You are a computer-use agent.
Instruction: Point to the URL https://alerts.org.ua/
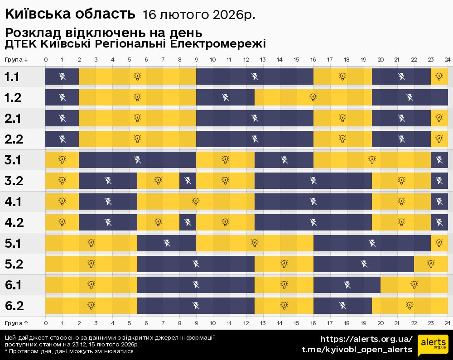[x=366, y=339]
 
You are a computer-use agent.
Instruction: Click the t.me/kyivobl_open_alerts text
[x=357, y=350]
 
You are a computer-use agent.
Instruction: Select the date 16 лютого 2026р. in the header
[x=199, y=15]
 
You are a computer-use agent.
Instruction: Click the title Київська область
[x=70, y=14]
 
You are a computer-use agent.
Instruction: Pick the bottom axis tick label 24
[x=447, y=323]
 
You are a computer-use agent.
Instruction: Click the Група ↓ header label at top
[x=17, y=60]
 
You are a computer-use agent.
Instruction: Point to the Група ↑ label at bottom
[x=17, y=323]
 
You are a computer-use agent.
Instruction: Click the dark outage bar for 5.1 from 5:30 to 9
[x=167, y=244]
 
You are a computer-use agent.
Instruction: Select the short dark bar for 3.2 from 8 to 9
[x=188, y=181]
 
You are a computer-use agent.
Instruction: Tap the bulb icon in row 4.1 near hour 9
[x=196, y=202]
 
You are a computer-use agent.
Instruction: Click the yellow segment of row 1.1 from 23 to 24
[x=439, y=77]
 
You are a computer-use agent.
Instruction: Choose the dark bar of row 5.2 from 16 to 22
[x=363, y=264]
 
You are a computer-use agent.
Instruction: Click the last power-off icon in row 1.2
[x=410, y=97]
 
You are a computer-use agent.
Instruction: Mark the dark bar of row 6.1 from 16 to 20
[x=347, y=285]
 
